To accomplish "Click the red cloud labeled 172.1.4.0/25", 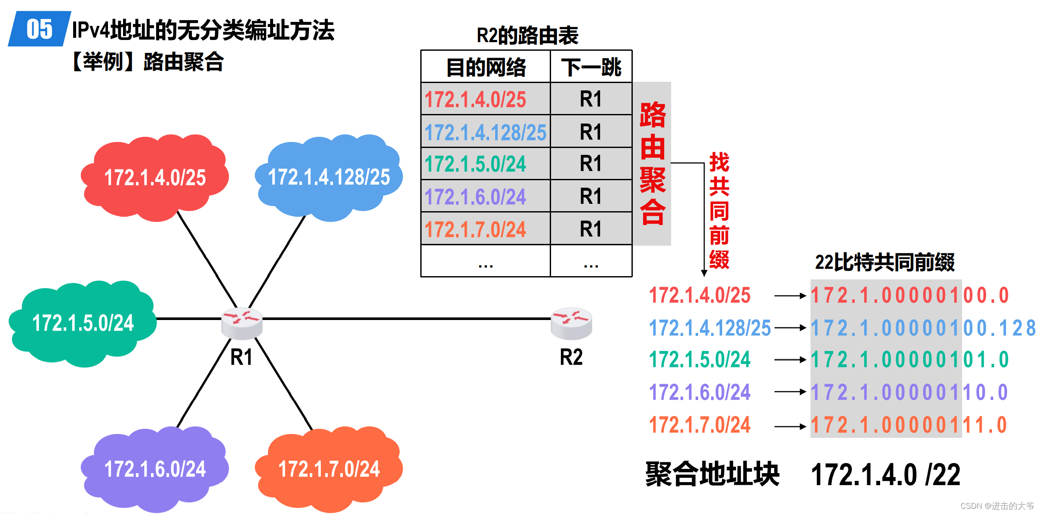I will tap(155, 177).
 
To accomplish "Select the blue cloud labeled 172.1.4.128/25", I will tap(329, 177).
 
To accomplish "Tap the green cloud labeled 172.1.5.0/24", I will tap(83, 323).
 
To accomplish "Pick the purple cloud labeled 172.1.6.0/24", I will tap(155, 469).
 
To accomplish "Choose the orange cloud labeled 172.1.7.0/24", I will tap(329, 469).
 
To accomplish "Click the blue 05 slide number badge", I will tap(39, 29).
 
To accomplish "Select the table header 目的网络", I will tap(486, 67).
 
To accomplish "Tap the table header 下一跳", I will tap(591, 67).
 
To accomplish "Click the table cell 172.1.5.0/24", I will tap(475, 164).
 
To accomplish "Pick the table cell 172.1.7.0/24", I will tap(475, 229).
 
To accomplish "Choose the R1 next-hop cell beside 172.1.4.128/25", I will tap(591, 132).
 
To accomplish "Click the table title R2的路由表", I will tap(527, 35).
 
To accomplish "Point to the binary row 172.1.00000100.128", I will tap(923, 328).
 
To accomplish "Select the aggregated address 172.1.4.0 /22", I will tap(885, 475).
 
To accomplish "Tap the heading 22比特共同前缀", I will tap(884, 262).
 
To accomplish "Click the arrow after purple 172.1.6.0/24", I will tap(790, 392).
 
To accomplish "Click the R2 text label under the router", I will tap(571, 357).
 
